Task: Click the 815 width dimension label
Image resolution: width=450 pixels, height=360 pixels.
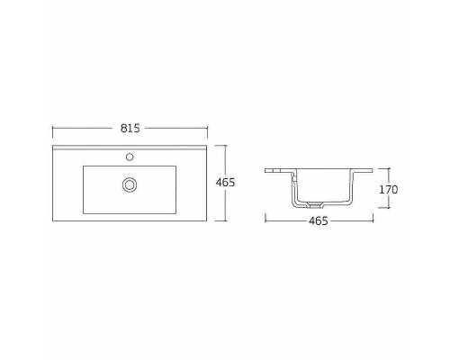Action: (x=132, y=128)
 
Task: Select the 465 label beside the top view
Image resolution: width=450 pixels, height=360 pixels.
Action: (x=227, y=183)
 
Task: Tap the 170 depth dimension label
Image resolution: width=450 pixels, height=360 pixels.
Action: (x=389, y=189)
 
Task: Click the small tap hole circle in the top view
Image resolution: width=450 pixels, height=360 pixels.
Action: (x=131, y=156)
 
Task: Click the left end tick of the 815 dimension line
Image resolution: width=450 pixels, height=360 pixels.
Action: (x=51, y=128)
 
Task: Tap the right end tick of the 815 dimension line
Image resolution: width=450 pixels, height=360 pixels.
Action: (x=213, y=128)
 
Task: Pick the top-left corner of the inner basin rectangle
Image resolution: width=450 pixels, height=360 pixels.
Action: (x=84, y=165)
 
